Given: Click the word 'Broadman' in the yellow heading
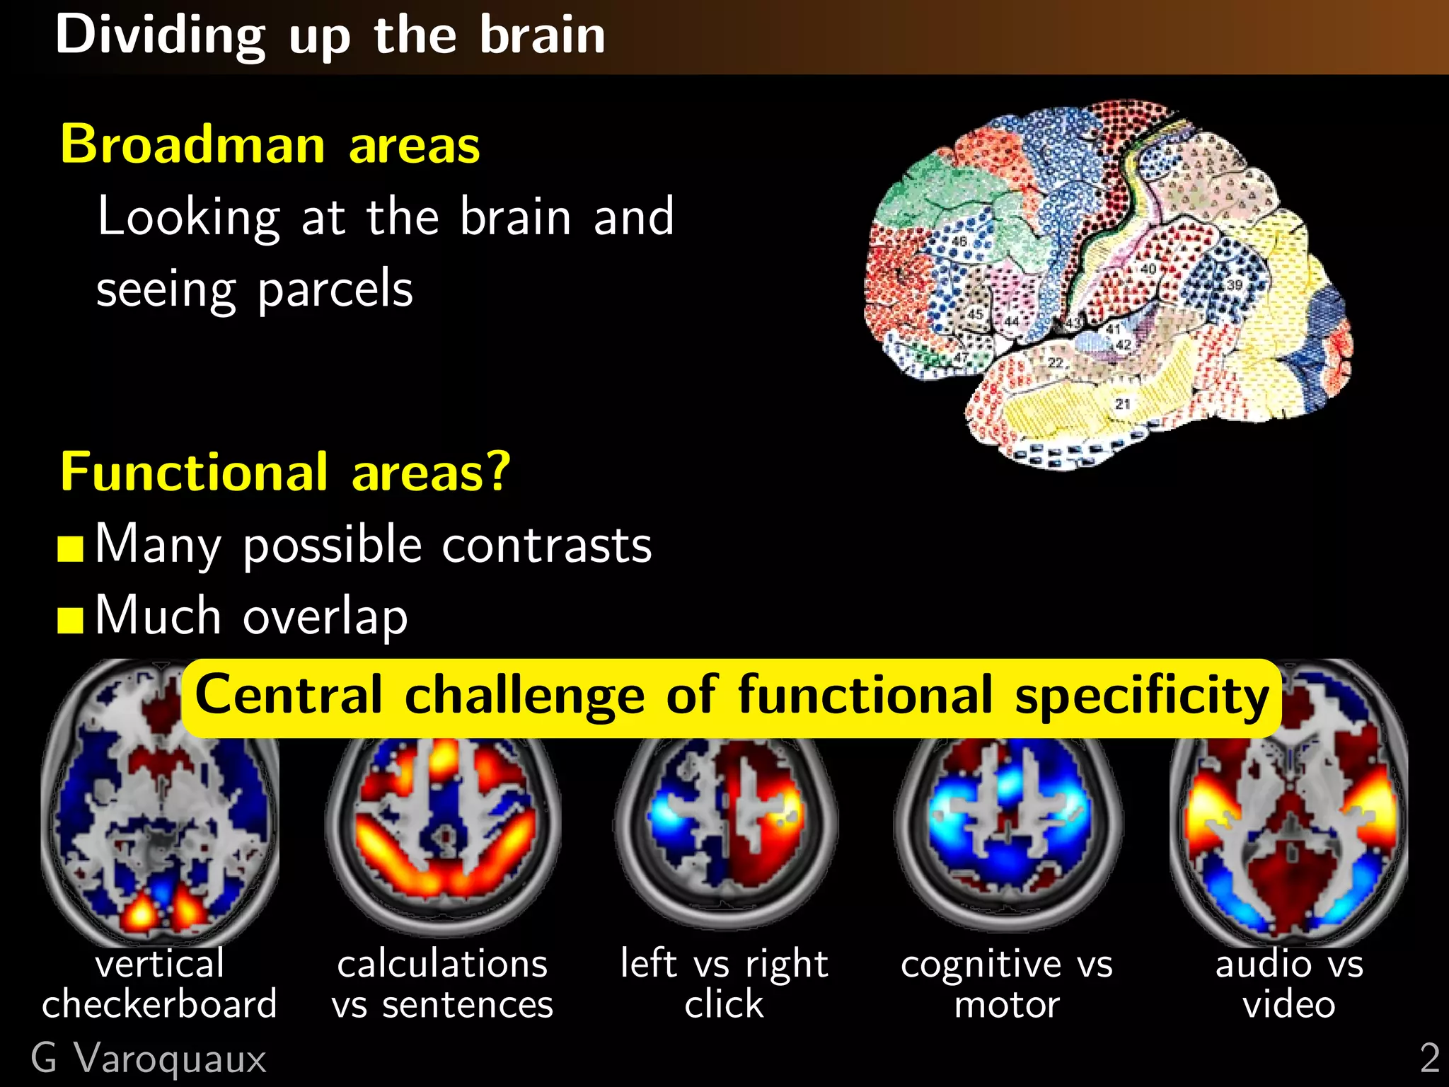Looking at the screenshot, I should click(x=192, y=144).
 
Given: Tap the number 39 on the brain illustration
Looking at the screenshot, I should click(x=1234, y=284).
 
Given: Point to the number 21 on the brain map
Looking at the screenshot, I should click(x=1123, y=404).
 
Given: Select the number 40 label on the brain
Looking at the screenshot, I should click(x=1148, y=269).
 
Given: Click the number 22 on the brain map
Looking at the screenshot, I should click(x=1056, y=362).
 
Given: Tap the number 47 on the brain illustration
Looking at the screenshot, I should click(x=960, y=357).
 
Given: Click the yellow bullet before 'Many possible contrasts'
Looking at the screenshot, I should click(x=71, y=548).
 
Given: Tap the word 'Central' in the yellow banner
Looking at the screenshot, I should click(x=289, y=695).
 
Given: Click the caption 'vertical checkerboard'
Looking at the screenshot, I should click(x=160, y=984).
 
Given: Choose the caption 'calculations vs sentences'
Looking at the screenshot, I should click(x=443, y=984).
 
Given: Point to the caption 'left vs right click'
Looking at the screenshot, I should click(x=724, y=984).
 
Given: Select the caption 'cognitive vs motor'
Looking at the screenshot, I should click(x=1007, y=984).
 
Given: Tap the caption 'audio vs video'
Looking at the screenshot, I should click(x=1289, y=984).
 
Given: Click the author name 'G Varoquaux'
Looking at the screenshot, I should click(x=149, y=1059).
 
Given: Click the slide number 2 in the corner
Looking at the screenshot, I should click(x=1429, y=1059).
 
